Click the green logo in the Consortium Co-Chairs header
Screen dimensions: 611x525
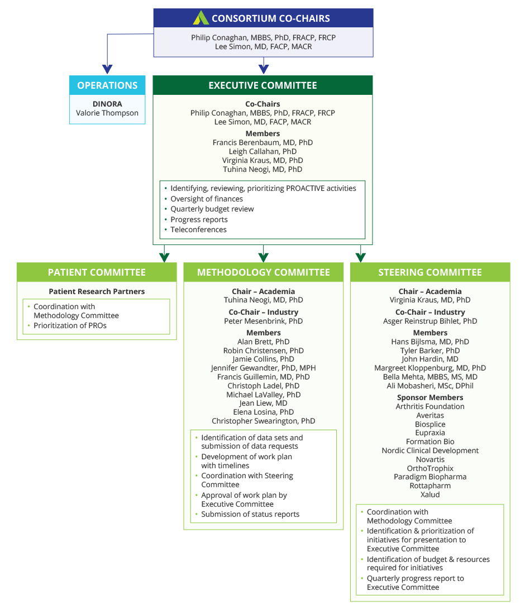point(201,18)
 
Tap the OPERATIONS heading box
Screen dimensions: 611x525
point(107,85)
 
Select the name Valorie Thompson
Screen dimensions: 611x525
point(107,113)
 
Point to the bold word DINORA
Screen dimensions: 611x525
point(107,104)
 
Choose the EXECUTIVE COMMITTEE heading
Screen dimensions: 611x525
point(262,85)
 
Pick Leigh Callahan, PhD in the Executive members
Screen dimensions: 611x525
point(262,151)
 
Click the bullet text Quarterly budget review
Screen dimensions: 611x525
point(212,209)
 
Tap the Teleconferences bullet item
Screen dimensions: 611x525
point(198,229)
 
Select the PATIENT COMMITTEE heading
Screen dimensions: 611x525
point(97,272)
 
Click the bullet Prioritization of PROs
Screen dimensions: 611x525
point(70,325)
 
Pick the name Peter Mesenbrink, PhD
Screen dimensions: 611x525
point(264,321)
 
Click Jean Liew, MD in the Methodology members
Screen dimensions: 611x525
point(264,403)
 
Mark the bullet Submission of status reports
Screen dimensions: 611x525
point(250,514)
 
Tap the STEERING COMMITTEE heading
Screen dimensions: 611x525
point(430,272)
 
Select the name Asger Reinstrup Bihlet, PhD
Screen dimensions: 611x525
point(430,321)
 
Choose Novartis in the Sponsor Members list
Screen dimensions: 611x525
point(430,459)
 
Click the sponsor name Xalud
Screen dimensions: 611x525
point(430,494)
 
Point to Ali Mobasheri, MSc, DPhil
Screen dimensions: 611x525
point(430,386)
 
